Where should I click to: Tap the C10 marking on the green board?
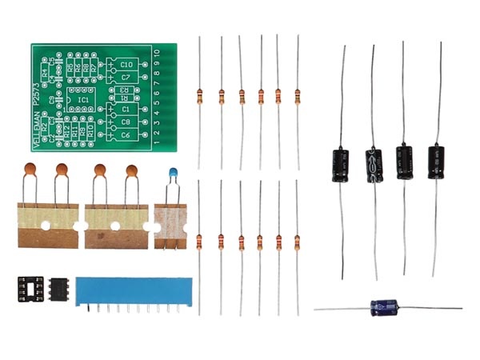click(126, 64)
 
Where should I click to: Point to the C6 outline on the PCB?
click(126, 135)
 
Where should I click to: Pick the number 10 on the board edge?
click(157, 53)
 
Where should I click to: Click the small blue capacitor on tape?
click(173, 173)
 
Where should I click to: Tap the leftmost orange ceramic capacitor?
click(30, 170)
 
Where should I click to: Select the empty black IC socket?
click(29, 288)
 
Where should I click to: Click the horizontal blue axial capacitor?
click(385, 307)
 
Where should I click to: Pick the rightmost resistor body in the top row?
click(298, 98)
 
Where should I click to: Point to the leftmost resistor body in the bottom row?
click(200, 241)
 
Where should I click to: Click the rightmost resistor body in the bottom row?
click(297, 241)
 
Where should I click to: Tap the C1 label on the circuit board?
click(125, 109)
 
